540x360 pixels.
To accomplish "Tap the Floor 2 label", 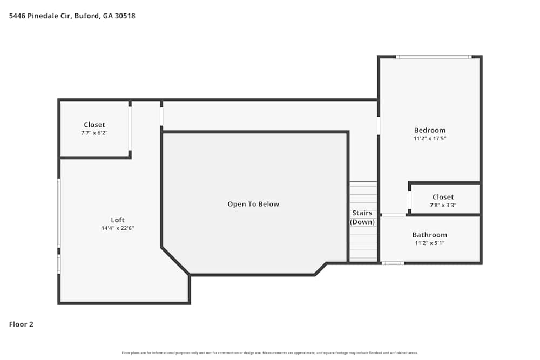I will click(21, 324).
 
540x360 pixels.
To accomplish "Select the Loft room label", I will click(118, 220).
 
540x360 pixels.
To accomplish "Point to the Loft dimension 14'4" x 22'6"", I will click(118, 228).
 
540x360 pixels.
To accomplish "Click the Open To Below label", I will click(253, 204).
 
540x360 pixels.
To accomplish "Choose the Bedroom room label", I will click(430, 130).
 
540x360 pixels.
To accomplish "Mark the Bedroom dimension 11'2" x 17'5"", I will click(430, 138).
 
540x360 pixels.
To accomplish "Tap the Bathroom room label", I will click(430, 235).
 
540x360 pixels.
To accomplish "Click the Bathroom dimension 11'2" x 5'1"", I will click(430, 243).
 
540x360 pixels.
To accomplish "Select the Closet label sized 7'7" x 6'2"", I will click(94, 125).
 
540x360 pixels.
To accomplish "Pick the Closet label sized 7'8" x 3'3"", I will click(443, 197).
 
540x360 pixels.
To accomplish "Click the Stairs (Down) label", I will click(362, 218).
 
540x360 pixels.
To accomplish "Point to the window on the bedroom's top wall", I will click(433, 57).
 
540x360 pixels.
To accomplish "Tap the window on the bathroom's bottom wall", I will click(393, 263).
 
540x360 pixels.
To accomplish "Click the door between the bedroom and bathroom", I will click(394, 215).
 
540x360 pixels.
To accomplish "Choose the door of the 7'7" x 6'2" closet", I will click(130, 128).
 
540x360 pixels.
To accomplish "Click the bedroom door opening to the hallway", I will click(379, 126).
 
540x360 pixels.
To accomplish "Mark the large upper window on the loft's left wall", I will click(59, 213).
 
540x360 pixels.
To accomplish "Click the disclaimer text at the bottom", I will click(270, 353).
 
